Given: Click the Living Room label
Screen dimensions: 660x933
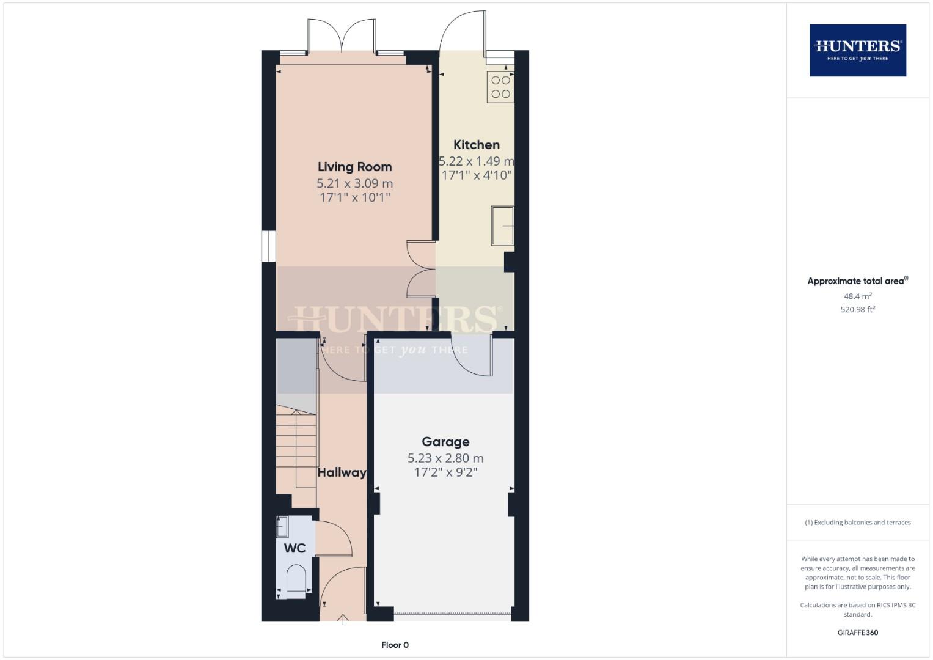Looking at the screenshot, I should [x=354, y=167].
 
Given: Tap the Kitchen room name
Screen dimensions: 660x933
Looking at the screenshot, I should [x=477, y=145].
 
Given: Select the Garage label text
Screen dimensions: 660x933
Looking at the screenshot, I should [x=445, y=442].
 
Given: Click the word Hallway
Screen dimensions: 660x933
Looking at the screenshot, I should [x=342, y=472].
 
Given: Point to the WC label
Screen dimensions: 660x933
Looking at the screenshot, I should [x=295, y=548].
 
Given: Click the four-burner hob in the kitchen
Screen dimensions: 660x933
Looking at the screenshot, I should [x=500, y=87].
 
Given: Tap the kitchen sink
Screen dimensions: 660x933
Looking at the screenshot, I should [x=502, y=226].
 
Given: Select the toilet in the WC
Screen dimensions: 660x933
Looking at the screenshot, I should [x=296, y=580].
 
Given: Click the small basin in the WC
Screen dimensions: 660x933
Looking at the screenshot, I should [x=282, y=527].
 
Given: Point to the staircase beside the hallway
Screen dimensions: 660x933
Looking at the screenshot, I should [x=296, y=449].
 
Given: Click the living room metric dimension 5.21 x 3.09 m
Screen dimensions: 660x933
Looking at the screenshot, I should [x=354, y=183].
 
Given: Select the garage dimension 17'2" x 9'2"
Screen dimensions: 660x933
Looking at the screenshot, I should [x=445, y=472].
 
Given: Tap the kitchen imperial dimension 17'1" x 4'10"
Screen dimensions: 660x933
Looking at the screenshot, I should [x=477, y=175].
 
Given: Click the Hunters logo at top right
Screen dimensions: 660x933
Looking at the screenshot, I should [x=857, y=50].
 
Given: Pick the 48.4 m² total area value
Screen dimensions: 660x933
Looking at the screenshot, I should [x=857, y=296].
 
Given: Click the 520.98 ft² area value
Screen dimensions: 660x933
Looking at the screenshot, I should [x=857, y=310].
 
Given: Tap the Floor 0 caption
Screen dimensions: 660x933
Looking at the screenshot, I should [x=395, y=645].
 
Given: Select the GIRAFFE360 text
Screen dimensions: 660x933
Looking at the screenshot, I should [x=857, y=632].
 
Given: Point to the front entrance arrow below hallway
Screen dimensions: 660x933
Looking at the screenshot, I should [x=343, y=620].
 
